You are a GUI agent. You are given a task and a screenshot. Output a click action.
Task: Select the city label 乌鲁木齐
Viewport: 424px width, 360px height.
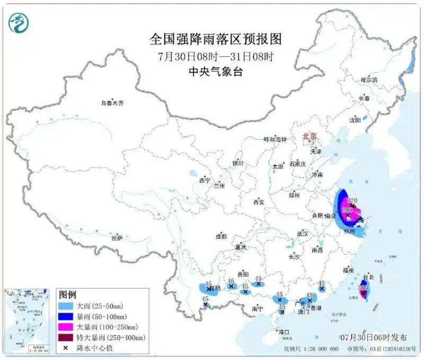click(112, 103)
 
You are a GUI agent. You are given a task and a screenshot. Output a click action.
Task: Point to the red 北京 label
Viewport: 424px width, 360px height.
click(309, 137)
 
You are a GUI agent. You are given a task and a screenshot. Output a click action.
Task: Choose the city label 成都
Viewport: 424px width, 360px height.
click(221, 237)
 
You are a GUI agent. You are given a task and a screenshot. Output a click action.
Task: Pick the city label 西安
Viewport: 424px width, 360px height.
click(258, 202)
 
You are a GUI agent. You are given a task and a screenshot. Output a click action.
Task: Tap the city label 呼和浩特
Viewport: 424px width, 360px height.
click(275, 139)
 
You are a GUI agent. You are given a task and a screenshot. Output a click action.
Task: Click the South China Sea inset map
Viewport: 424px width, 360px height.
click(26, 321)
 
